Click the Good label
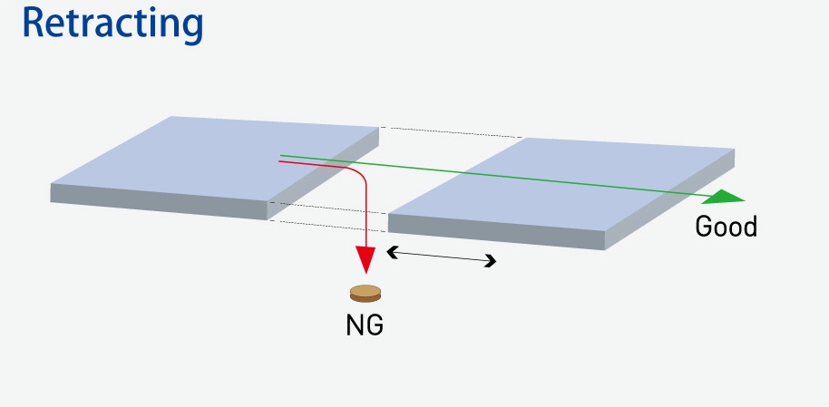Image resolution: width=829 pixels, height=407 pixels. tap(726, 226)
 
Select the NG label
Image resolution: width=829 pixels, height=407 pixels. tap(365, 325)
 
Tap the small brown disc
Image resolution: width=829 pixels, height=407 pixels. tap(366, 294)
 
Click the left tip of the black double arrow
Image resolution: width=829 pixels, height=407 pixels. tap(390, 252)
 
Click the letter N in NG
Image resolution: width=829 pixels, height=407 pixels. tap(356, 325)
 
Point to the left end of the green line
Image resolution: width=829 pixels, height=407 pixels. tap(280, 156)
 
